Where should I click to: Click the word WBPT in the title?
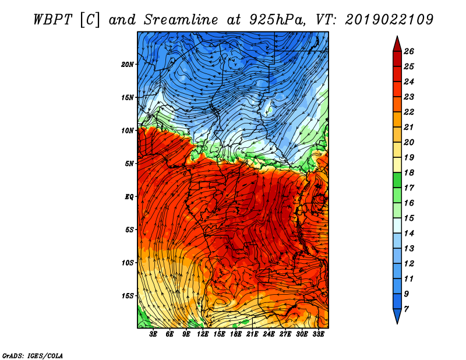click(53, 20)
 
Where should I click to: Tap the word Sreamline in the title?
click(181, 20)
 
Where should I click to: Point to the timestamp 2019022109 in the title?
click(389, 20)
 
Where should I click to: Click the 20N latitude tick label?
click(128, 65)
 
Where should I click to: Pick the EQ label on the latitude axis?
click(129, 197)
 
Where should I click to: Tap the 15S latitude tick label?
click(128, 296)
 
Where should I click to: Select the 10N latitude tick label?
click(128, 130)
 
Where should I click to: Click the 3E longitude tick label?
click(153, 334)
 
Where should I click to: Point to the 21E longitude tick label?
click(252, 334)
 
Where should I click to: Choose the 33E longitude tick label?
click(318, 334)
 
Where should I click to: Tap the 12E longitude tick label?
click(202, 334)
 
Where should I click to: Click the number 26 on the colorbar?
click(409, 51)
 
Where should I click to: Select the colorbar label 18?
click(409, 172)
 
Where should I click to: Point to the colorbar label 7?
click(406, 309)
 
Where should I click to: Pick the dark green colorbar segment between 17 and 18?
click(397, 180)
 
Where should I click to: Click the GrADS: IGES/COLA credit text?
click(33, 356)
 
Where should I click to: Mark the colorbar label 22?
click(409, 112)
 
